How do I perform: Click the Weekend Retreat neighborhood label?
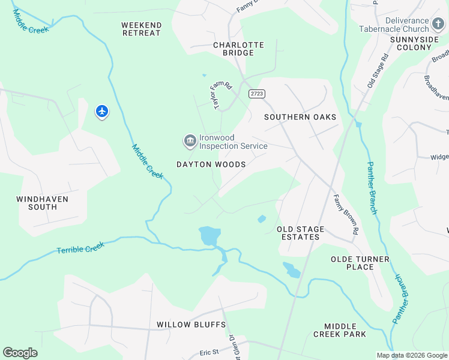point(141,29)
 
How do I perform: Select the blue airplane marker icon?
point(102,111)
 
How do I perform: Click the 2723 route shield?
point(258,94)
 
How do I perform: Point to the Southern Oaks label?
point(300,117)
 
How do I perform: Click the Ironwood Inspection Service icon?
point(190,142)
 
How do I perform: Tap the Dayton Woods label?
point(211,164)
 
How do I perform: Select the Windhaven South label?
point(42,203)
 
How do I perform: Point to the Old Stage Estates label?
point(300,233)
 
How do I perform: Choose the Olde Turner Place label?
point(360,263)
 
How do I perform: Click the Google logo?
point(20,353)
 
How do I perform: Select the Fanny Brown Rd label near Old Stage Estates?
point(346,214)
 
